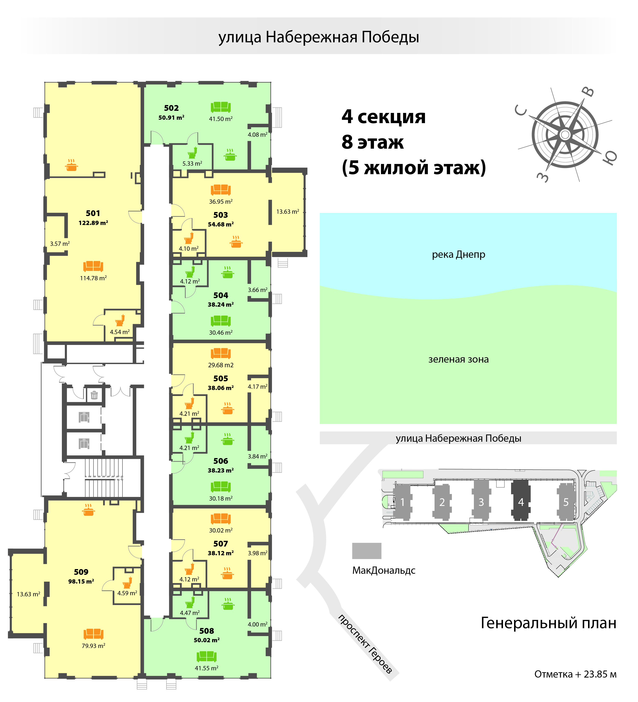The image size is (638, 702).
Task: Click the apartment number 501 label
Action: [93, 213]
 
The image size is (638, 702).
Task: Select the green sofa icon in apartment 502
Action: [221, 107]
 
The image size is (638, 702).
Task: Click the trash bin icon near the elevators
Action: [94, 395]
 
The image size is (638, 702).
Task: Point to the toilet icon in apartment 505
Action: [189, 403]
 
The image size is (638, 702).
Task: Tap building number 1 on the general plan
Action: [402, 502]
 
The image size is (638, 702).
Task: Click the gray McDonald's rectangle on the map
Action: [367, 551]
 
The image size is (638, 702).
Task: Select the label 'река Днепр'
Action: [458, 255]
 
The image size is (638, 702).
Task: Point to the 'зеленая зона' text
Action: [458, 359]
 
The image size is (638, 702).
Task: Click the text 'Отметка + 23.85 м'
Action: [575, 674]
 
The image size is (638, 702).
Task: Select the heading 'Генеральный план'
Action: [548, 623]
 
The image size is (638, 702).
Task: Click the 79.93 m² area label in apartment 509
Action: [93, 646]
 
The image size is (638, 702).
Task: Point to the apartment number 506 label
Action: [221, 461]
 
